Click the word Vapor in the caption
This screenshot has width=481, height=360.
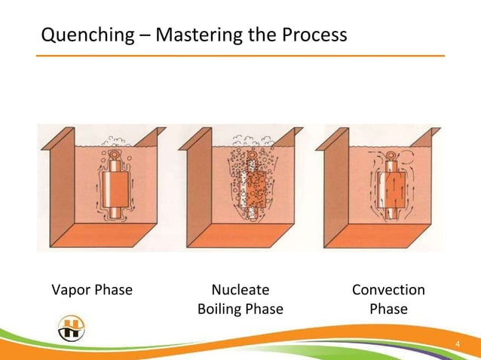coord(70,290)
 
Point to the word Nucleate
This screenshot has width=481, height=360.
coord(240,290)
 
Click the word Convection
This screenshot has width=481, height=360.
coord(388,290)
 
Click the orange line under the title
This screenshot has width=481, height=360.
coord(241,56)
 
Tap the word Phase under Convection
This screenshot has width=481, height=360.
coord(388,309)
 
